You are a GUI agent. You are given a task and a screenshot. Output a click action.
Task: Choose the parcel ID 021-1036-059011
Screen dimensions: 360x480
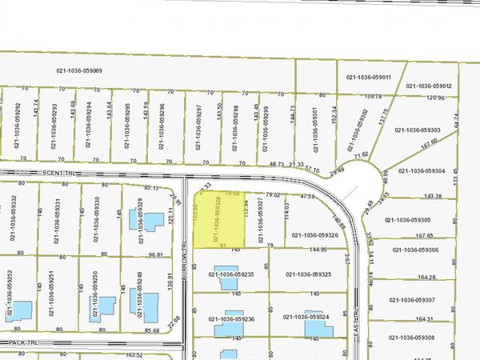[x=369, y=78]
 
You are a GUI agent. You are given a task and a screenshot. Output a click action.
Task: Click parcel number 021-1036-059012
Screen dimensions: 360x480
[x=429, y=86]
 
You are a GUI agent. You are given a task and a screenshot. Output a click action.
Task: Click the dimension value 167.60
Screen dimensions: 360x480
[x=429, y=146]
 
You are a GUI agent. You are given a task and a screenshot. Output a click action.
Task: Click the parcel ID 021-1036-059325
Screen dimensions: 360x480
[x=308, y=274]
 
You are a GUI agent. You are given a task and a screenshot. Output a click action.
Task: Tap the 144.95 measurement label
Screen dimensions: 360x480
[x=318, y=249]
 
